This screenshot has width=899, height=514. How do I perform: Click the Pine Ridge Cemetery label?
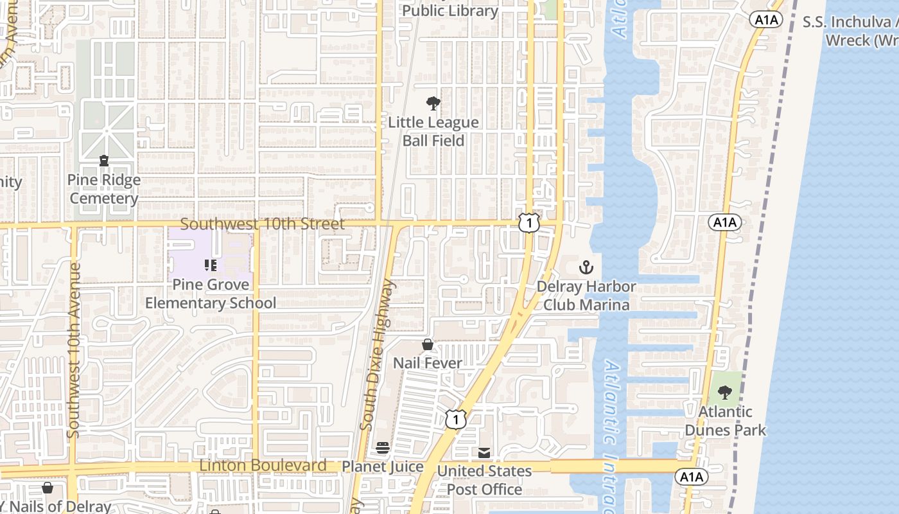pos(104,190)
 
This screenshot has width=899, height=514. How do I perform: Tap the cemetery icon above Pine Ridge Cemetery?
pos(104,161)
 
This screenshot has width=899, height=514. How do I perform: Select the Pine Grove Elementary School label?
pos(211,294)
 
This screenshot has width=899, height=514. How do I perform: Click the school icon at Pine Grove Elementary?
pos(210,265)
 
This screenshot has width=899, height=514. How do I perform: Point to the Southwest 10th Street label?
pos(262,224)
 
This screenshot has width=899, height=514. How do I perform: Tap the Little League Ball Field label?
pos(433,131)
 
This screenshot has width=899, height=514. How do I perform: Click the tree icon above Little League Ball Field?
pos(433,103)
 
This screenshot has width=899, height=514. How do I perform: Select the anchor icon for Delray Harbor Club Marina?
pos(586,267)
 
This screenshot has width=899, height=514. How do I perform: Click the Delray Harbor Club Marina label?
pos(586,296)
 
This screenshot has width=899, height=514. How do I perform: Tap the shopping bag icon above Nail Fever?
pos(428,345)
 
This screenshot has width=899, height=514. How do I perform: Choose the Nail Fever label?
pos(428,363)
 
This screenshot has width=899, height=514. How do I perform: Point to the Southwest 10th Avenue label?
pos(73,350)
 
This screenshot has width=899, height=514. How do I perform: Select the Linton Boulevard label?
pos(263,465)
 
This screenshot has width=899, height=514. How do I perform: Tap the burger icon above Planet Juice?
pos(383,447)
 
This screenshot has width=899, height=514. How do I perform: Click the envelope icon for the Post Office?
pos(484,453)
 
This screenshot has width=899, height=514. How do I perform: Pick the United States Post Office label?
pos(484,480)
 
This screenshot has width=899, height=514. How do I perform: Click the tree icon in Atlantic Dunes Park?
pos(725,392)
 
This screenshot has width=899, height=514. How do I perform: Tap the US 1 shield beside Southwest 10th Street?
pos(528,223)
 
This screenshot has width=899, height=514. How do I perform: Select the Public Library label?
pos(450,11)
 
